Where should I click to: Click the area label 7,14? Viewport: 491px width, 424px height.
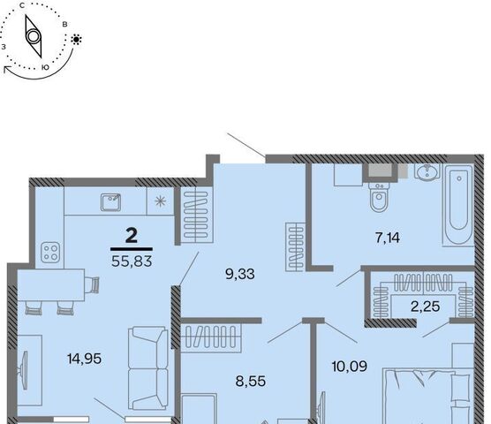click(388, 238)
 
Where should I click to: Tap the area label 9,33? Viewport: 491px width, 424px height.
click(240, 274)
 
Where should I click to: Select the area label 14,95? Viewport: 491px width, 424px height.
click(84, 359)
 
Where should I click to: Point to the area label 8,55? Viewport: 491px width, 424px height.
click(251, 382)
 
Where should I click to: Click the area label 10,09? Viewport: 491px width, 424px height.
click(350, 366)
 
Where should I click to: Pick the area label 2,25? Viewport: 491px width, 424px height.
click(426, 307)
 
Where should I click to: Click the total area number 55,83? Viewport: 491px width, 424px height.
click(132, 261)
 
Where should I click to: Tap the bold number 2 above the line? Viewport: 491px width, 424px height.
click(132, 236)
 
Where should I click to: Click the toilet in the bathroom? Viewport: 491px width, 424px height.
click(379, 197)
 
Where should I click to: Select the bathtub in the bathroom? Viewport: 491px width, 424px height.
click(458, 205)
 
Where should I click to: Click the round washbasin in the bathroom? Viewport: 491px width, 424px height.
click(427, 171)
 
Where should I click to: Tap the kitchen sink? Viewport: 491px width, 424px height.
click(110, 202)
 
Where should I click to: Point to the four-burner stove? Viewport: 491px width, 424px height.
click(50, 253)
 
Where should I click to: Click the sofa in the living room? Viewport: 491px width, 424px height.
click(147, 368)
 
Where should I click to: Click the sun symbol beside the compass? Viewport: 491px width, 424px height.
click(77, 40)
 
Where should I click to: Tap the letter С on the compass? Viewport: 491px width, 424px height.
click(22, 5)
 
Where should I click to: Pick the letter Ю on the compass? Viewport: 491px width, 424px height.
click(45, 67)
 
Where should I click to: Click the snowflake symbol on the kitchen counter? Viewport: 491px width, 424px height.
click(160, 201)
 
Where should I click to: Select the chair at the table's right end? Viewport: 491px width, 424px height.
click(92, 284)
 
